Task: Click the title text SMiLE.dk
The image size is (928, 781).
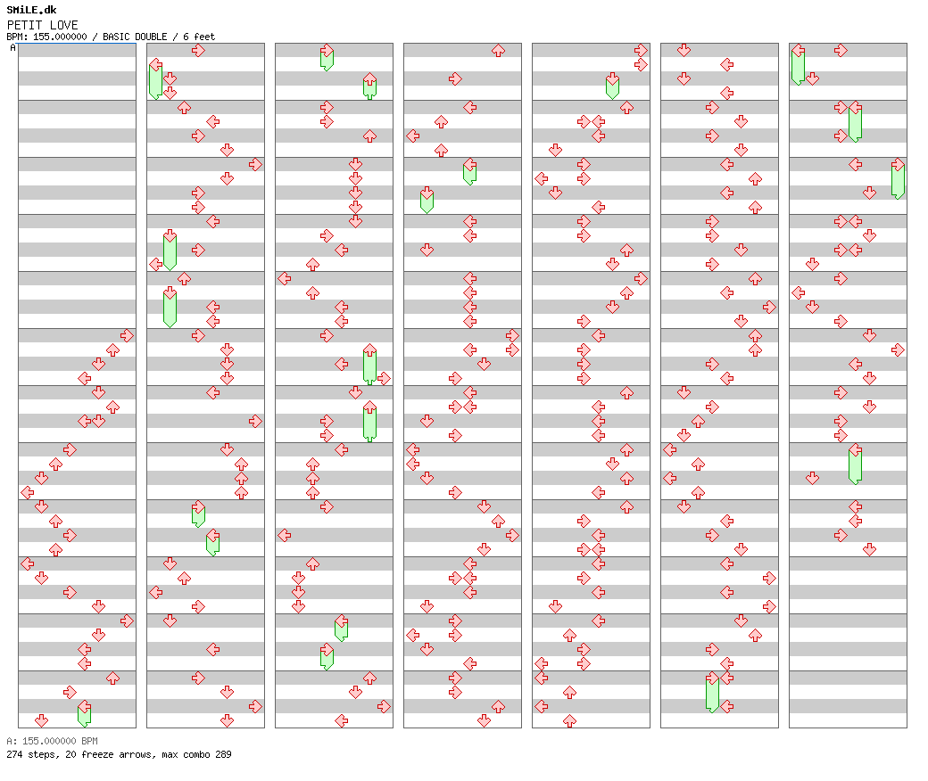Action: tap(31, 10)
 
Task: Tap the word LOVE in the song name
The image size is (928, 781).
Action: tap(63, 25)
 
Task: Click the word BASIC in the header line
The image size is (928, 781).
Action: tap(117, 37)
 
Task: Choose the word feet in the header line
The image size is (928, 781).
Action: tap(203, 37)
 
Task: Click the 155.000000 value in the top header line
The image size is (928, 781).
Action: tap(58, 37)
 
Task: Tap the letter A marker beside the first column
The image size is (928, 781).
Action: tap(12, 48)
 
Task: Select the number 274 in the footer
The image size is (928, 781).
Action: tap(14, 754)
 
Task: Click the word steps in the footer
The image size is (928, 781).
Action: tap(39, 754)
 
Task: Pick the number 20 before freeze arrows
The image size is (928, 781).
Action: tap(66, 754)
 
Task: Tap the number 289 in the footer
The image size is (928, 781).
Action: tap(223, 754)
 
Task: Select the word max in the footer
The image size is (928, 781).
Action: tap(165, 754)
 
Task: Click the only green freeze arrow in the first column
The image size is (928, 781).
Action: tap(84, 713)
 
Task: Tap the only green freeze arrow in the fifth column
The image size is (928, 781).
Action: tap(612, 86)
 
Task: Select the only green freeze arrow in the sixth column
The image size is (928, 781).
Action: tap(712, 692)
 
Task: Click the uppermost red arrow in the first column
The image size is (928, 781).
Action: tap(127, 335)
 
